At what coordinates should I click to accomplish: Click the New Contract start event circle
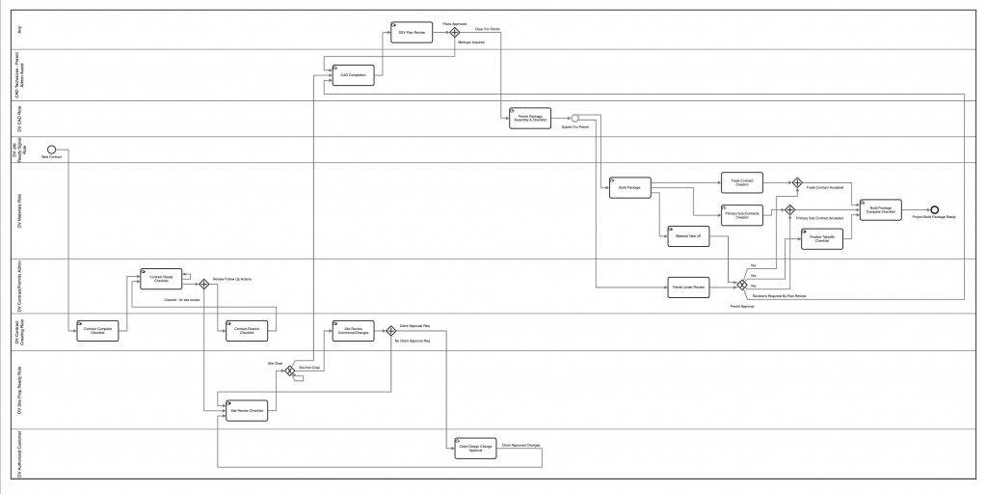(51, 149)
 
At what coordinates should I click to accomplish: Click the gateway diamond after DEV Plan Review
(455, 32)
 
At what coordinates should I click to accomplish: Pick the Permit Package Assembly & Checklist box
(529, 118)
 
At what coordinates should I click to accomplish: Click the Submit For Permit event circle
(574, 118)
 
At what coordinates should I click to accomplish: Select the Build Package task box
(630, 187)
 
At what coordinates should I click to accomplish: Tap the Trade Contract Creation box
(742, 181)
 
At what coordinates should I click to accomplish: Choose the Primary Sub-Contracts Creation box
(742, 216)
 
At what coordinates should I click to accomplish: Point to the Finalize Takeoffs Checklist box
(822, 239)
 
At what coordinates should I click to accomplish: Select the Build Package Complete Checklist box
(880, 210)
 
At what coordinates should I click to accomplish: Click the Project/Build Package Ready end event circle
(934, 209)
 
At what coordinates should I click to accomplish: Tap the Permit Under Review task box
(688, 287)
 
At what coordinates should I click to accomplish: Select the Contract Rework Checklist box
(246, 330)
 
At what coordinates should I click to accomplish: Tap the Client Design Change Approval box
(469, 448)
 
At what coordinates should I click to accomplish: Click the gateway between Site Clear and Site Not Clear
(288, 369)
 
